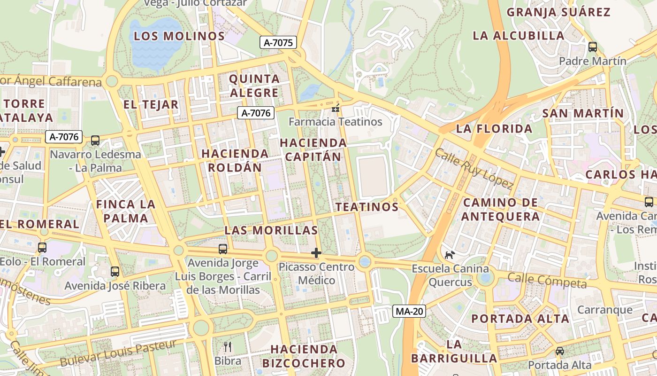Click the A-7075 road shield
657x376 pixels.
click(278, 43)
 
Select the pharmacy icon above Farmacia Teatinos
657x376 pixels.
click(336, 109)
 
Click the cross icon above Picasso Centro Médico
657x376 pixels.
click(316, 253)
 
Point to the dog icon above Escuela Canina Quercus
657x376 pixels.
click(450, 255)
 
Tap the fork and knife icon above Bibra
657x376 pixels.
click(228, 347)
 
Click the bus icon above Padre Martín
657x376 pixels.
click(593, 47)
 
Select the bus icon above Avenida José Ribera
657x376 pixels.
click(115, 272)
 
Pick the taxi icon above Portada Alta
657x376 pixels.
click(560, 351)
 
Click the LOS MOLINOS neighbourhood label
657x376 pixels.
click(179, 36)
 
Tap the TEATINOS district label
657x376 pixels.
click(367, 207)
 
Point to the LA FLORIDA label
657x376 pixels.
click(494, 129)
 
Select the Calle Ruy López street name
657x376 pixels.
click(474, 169)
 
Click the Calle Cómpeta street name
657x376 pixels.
click(547, 281)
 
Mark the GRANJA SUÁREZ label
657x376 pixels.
click(558, 12)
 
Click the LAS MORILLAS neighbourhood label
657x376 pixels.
click(271, 230)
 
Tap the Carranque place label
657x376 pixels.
click(605, 310)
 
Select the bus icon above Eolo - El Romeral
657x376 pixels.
click(42, 248)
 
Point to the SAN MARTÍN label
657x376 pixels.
click(583, 113)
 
